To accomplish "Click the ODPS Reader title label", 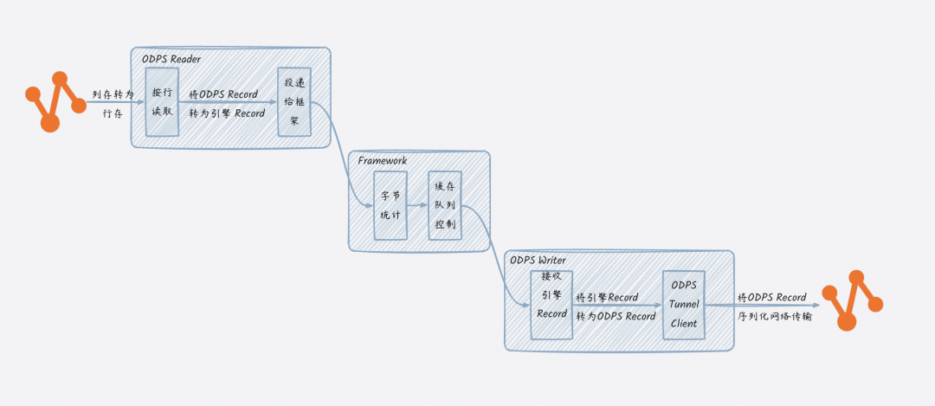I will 171,58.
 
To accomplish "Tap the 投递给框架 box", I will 293,101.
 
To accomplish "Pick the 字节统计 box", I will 390,206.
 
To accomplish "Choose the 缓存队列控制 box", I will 445,206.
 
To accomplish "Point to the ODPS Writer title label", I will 538,260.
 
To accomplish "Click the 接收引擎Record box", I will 551,304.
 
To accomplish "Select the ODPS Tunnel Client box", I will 684,305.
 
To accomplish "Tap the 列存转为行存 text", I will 113,103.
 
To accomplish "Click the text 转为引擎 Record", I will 227,113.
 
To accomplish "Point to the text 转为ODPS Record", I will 616,316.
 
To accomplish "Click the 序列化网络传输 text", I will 775,316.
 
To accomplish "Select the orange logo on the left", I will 55,101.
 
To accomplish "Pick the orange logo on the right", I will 852,300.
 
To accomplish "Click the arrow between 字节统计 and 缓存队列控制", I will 417,207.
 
